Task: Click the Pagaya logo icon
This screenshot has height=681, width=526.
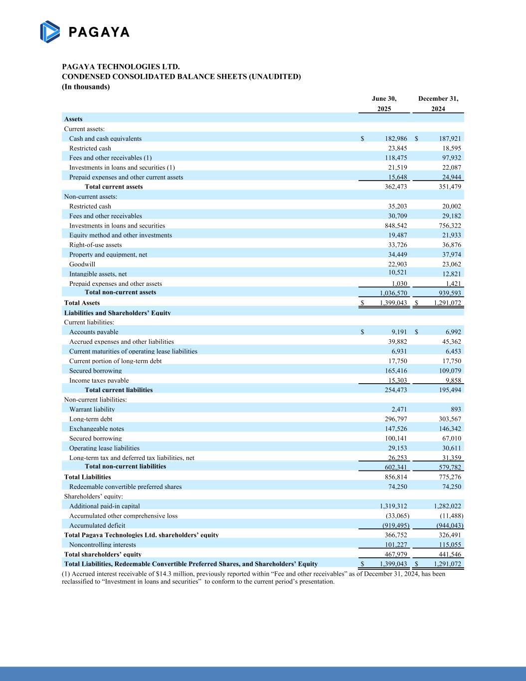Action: (50, 31)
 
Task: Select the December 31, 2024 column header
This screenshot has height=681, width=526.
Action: (438, 103)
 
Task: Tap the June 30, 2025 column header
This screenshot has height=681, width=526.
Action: (384, 103)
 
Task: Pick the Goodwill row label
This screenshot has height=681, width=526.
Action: (82, 264)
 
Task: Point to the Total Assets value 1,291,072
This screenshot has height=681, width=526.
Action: (447, 303)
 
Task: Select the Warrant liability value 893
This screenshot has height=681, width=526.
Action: (456, 409)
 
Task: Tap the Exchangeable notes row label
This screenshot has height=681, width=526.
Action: (97, 429)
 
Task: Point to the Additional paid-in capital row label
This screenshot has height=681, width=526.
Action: (105, 506)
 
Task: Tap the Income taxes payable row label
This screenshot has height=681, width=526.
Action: (99, 380)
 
